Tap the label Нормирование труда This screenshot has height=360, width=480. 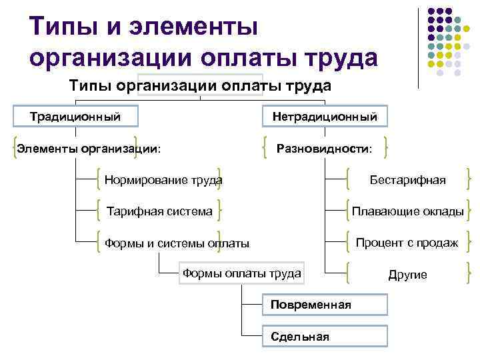point(163,180)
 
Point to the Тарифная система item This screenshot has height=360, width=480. point(160,211)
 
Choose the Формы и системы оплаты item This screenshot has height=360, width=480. point(177,243)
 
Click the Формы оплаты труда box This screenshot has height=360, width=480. point(242,273)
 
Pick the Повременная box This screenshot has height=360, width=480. point(325,305)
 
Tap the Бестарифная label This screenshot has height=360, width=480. point(408,180)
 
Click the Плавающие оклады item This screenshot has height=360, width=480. point(408,211)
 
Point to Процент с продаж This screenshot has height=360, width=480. point(407,243)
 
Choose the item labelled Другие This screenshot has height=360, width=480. point(408,275)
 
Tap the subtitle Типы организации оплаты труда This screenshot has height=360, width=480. point(201,87)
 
